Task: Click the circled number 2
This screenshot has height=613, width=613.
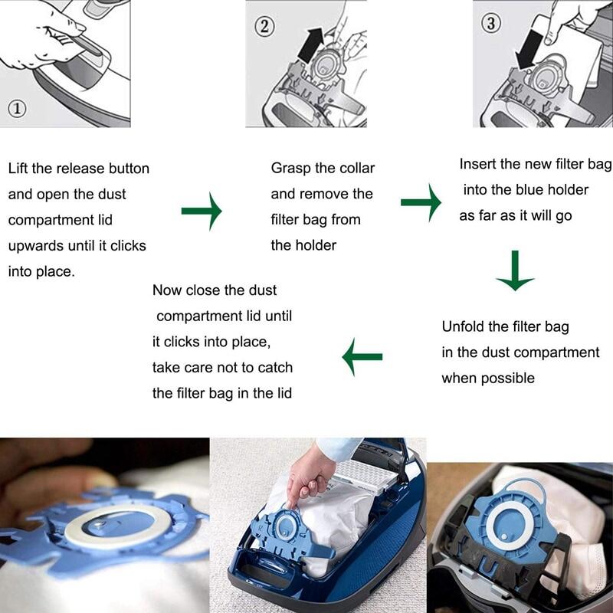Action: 264,25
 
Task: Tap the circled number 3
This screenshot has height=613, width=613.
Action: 490,23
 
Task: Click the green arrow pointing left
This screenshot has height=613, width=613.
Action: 362,356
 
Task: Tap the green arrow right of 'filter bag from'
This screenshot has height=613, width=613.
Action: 421,203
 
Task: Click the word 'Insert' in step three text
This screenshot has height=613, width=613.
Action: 477,164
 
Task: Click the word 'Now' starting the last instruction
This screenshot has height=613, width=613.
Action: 166,290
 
